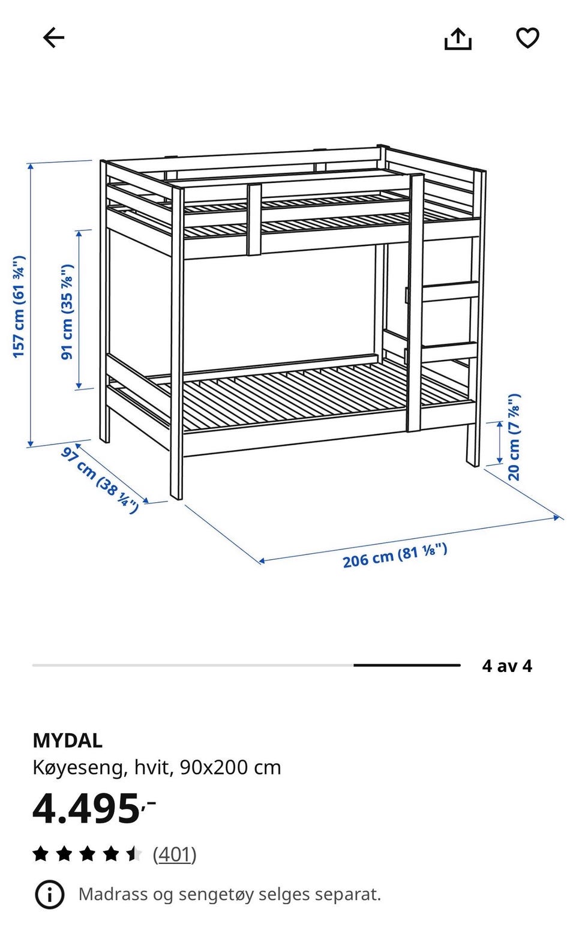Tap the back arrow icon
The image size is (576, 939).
tap(53, 38)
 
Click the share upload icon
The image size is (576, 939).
tap(458, 38)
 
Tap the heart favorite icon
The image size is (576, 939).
tap(527, 38)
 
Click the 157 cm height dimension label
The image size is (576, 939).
tap(19, 307)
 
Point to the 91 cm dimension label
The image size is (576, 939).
tap(67, 312)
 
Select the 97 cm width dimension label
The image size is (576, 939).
tap(100, 481)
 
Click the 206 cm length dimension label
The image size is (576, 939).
tap(395, 556)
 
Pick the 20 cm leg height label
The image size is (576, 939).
tap(514, 437)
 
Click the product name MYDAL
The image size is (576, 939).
tap(67, 741)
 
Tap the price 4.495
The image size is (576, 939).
tap(94, 809)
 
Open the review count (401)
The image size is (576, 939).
tap(175, 854)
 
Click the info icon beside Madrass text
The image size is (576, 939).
tap(49, 895)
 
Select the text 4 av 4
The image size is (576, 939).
tap(507, 665)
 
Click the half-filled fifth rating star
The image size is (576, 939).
tap(134, 853)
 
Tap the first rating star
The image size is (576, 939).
tap(41, 853)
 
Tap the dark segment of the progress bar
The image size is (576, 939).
tap(407, 665)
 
